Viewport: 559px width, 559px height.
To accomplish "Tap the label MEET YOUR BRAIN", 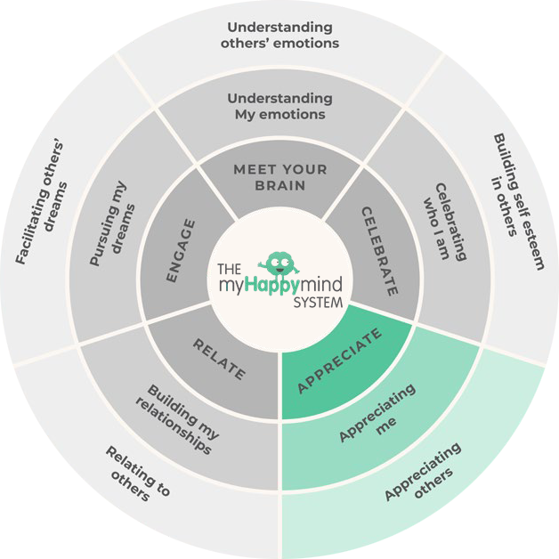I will [280, 177].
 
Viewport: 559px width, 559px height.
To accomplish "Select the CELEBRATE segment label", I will [378, 251].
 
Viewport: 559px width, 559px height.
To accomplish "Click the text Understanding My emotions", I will [279, 106].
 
